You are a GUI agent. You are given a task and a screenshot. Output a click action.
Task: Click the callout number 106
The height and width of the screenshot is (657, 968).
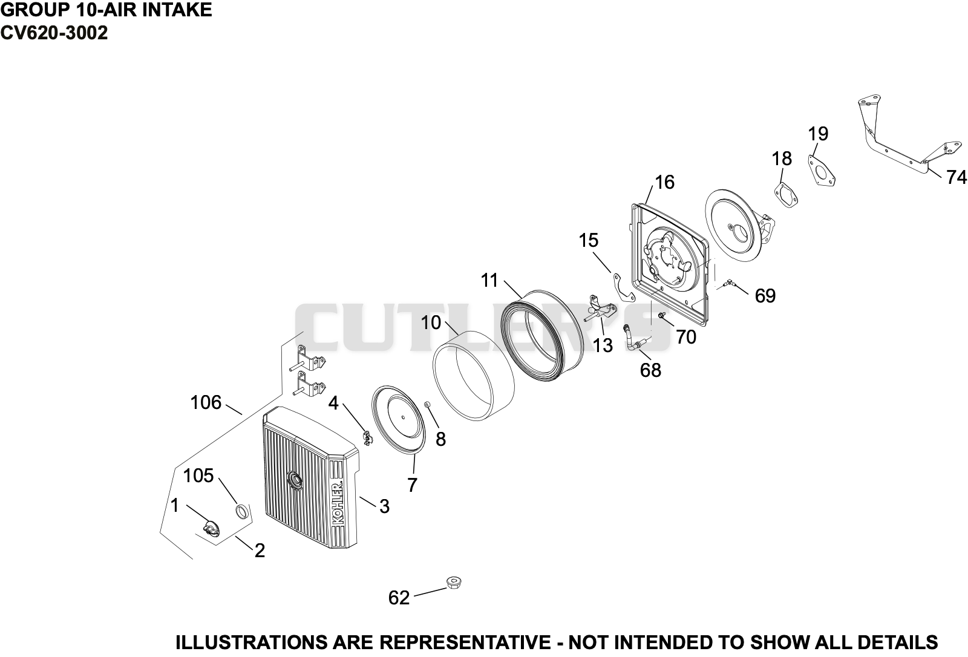tap(206, 402)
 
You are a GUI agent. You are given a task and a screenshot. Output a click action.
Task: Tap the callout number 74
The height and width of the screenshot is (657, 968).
tap(956, 177)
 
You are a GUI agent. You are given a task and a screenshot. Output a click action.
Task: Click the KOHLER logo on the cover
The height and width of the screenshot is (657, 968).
tap(338, 503)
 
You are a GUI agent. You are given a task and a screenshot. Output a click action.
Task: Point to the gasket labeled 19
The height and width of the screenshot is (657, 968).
tap(821, 171)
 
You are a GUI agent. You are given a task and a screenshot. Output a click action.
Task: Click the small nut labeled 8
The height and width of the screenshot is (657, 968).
tap(427, 404)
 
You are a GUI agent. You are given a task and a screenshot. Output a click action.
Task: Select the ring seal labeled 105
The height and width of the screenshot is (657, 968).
tap(243, 511)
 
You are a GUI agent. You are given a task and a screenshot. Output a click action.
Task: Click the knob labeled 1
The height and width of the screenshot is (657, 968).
tap(211, 529)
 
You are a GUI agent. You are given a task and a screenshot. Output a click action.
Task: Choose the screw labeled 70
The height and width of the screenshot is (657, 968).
tap(661, 316)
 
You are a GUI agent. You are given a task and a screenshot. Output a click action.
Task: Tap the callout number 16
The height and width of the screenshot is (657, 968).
tap(665, 182)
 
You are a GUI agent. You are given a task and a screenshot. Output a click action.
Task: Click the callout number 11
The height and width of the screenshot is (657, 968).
tap(489, 280)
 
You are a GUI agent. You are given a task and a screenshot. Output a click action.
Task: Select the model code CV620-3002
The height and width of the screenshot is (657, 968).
tap(54, 33)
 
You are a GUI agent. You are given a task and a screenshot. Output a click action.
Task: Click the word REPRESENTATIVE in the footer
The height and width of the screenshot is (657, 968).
tap(465, 642)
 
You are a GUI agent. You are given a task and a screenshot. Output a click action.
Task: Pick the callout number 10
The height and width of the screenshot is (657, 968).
tap(430, 322)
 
